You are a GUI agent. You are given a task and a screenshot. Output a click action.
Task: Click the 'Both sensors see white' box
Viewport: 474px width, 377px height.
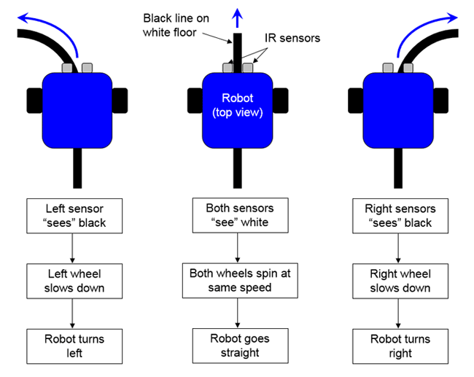(x=238, y=215)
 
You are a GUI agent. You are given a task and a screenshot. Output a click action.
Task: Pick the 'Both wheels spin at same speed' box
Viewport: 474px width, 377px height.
(x=238, y=280)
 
